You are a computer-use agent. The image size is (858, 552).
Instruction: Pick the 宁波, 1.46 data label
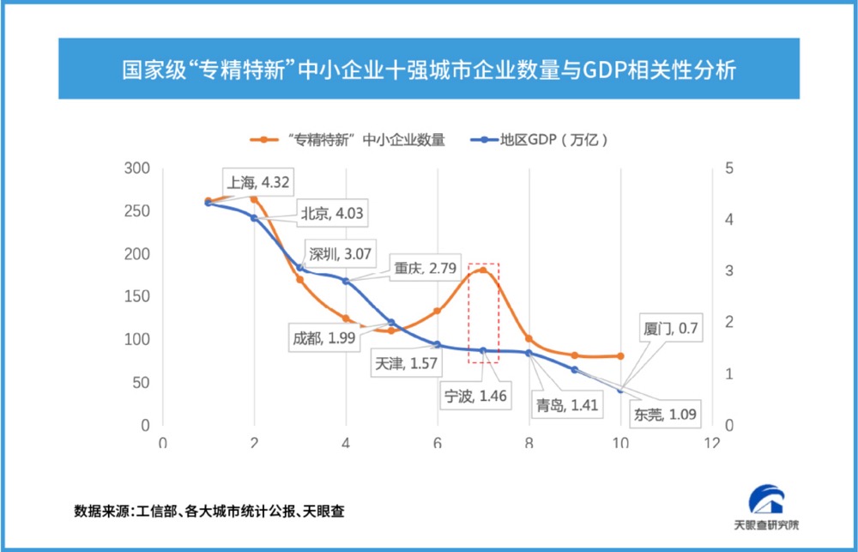point(474,396)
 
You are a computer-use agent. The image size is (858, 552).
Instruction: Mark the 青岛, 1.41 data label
point(566,404)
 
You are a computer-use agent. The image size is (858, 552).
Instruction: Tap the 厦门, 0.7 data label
point(671,327)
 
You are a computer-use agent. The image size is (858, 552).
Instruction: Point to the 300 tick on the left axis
point(136,168)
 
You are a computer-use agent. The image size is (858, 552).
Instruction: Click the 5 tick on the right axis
point(728,168)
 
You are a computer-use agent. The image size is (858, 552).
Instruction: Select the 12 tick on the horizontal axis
point(711,443)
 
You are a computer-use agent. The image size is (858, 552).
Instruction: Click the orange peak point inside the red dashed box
point(483,270)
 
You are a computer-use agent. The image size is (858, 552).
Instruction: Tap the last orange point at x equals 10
point(620,355)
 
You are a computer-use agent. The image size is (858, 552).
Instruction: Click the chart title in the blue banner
point(428,70)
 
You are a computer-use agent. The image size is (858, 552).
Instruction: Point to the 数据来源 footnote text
point(210,511)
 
